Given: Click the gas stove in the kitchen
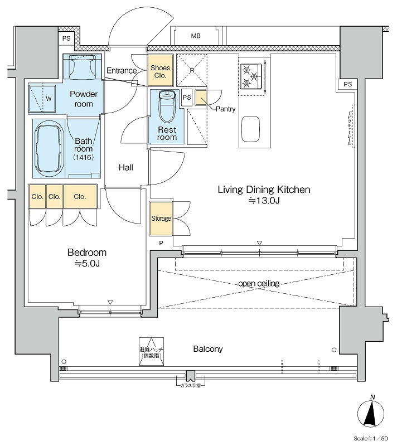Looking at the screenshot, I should tap(250, 76).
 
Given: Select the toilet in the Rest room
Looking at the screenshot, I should tap(167, 106).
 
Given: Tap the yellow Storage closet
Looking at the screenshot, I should tap(161, 218).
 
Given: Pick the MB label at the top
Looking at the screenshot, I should tap(196, 36).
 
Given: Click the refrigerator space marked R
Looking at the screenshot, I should tap(192, 70).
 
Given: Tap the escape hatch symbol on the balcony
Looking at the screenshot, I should tap(151, 351).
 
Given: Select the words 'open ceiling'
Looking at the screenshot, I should tap(259, 284).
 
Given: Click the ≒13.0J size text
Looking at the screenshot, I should tap(263, 201).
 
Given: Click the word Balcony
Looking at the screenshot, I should tap(208, 349).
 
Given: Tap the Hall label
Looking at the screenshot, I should tap(125, 167).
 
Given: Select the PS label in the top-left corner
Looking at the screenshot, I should tap(66, 39).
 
